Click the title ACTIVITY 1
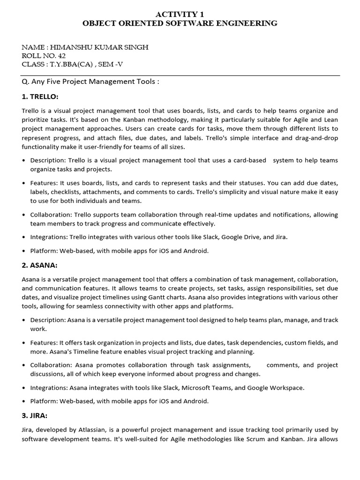(180, 14)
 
